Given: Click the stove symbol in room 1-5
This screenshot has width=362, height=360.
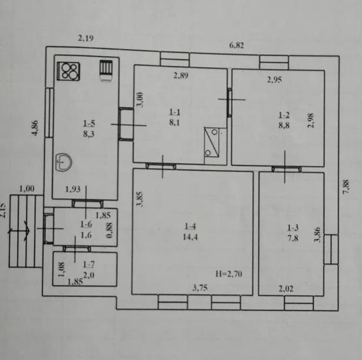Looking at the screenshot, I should coord(68,71).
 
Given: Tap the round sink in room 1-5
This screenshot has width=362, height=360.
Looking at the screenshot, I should coord(64,161).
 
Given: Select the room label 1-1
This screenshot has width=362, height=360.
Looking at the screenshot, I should coord(175,112).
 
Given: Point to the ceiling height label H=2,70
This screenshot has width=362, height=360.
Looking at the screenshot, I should coord(229,273).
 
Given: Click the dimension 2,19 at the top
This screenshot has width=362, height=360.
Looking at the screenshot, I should coord(86,38).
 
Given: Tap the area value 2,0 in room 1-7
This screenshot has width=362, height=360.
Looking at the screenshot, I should coord(88,274).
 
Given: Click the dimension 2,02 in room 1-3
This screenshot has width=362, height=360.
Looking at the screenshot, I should coord(287,288).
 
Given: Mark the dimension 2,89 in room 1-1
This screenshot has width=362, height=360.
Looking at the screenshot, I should coord(180,76).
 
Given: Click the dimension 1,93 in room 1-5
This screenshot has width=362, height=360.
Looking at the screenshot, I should coord(73,189).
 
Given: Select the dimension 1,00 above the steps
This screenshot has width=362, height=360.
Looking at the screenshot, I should coord(27,189).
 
